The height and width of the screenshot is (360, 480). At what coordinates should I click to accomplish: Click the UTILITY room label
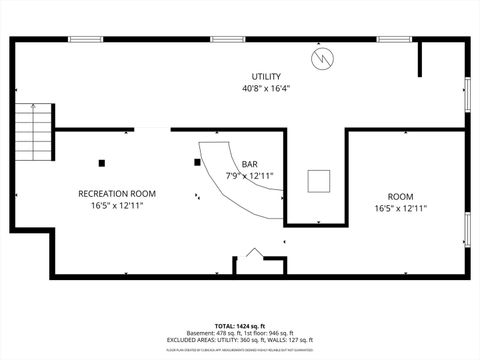[x=266, y=77]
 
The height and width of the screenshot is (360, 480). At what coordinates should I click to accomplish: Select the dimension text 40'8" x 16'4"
[x=266, y=88]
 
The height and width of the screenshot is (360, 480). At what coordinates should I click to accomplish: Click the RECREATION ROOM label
[x=117, y=193]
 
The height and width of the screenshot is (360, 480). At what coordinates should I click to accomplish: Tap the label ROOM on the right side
[x=400, y=196]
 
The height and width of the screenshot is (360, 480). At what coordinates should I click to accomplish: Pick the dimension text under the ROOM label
[x=400, y=208]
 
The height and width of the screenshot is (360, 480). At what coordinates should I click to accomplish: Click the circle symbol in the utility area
[x=322, y=59]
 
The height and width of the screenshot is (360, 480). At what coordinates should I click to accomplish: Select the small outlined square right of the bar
[x=319, y=180]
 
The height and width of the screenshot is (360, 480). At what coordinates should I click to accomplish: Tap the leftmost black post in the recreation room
[x=101, y=162]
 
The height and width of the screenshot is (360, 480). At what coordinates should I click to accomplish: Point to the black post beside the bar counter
[x=196, y=161]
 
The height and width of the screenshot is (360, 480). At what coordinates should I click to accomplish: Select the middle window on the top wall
[x=227, y=39]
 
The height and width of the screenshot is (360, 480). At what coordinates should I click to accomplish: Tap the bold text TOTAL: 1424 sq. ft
[x=239, y=325]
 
